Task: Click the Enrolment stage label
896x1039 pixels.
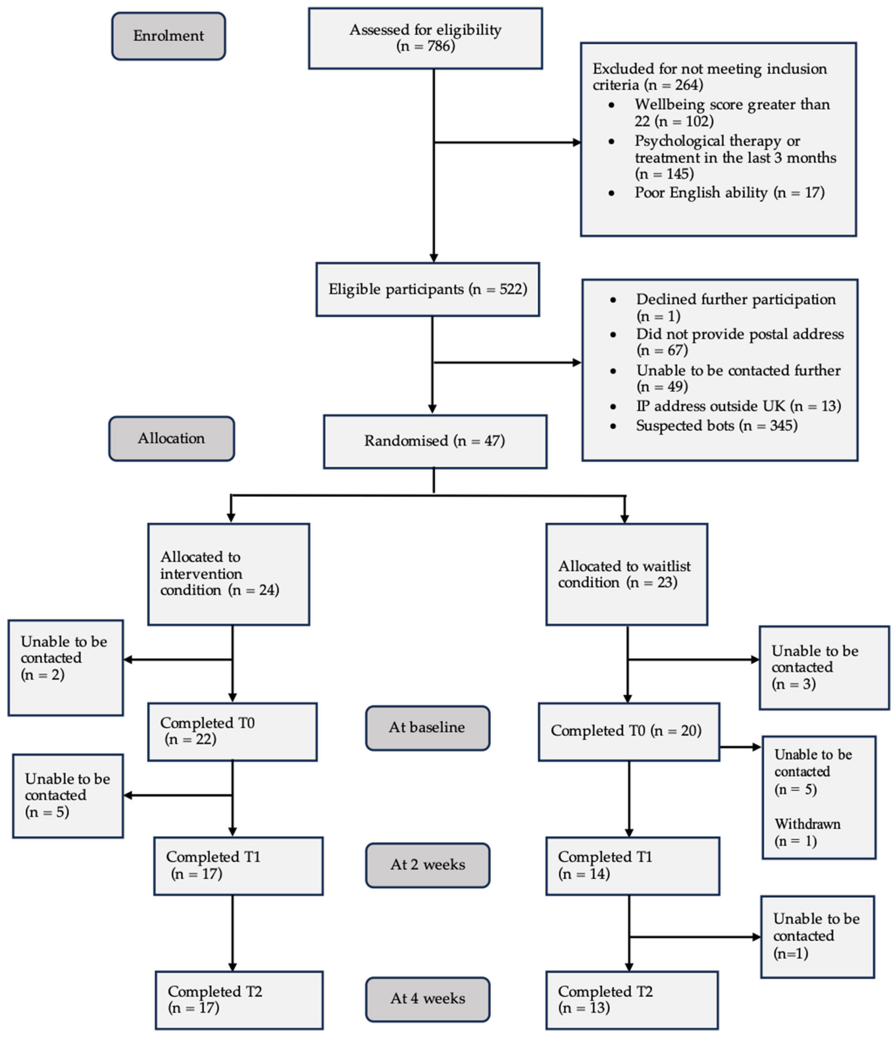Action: click(168, 36)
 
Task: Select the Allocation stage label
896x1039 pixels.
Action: click(172, 438)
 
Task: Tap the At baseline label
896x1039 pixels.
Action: click(427, 728)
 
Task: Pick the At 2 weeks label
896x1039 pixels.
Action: click(427, 865)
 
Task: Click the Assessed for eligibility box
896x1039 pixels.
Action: click(425, 38)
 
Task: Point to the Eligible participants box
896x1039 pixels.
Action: click(427, 289)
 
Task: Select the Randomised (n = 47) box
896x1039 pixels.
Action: click(435, 441)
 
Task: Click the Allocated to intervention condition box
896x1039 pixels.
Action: click(229, 574)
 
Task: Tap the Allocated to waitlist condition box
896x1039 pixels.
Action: click(626, 574)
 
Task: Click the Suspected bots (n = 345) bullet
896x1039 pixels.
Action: click(716, 426)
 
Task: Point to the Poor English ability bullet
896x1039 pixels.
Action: click(729, 192)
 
